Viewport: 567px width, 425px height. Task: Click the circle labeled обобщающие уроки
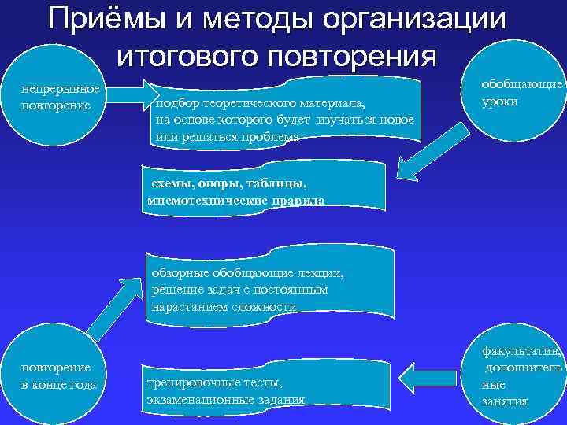click(x=520, y=95)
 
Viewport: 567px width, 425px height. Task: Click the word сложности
click(x=260, y=307)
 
